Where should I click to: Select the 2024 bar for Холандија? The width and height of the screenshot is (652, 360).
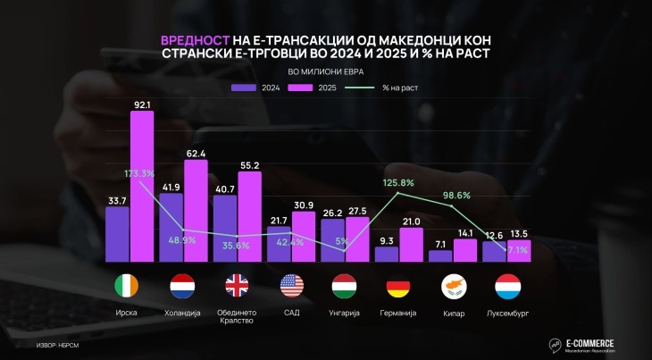tap(171, 228)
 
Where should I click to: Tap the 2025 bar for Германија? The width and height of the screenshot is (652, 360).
tap(412, 244)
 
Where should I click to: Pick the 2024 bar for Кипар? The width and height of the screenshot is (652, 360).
tap(440, 255)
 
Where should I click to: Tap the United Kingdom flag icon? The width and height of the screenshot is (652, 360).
tap(237, 287)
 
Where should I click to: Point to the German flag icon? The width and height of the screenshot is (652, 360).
tap(398, 287)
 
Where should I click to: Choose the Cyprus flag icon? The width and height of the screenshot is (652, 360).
tap(453, 287)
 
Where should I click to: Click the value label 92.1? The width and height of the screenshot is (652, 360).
tap(143, 104)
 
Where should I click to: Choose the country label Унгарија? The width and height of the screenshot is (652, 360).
tap(344, 312)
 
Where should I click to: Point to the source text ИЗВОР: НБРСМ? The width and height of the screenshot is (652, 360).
tap(60, 345)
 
